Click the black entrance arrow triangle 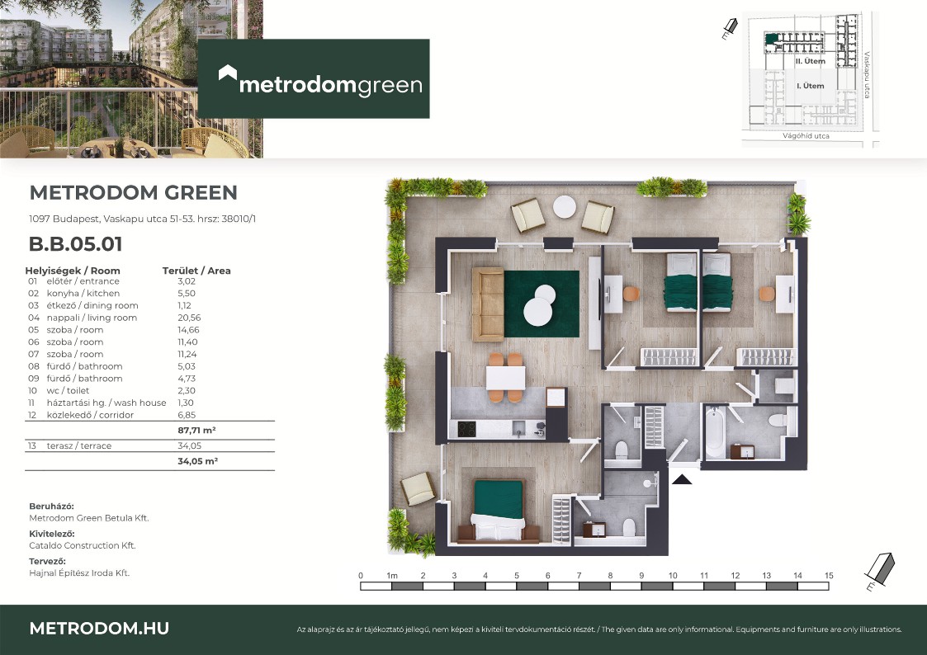pyautogui.click(x=682, y=479)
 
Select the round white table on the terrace pyautogui.click(x=564, y=207)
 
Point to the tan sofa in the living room pyautogui.click(x=488, y=304)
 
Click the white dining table pyautogui.click(x=505, y=378)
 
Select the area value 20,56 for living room pyautogui.click(x=189, y=318)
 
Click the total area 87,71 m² pyautogui.click(x=196, y=431)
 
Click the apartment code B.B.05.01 pyautogui.click(x=76, y=244)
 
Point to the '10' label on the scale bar pyautogui.click(x=673, y=575)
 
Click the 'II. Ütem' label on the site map pyautogui.click(x=810, y=61)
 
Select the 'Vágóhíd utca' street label pyautogui.click(x=806, y=136)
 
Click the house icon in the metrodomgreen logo pyautogui.click(x=228, y=73)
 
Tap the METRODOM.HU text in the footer pyautogui.click(x=99, y=629)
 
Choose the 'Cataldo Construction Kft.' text pyautogui.click(x=83, y=546)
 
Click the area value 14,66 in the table pyautogui.click(x=188, y=330)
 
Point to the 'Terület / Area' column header pyautogui.click(x=196, y=271)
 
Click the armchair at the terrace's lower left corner pyautogui.click(x=419, y=488)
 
